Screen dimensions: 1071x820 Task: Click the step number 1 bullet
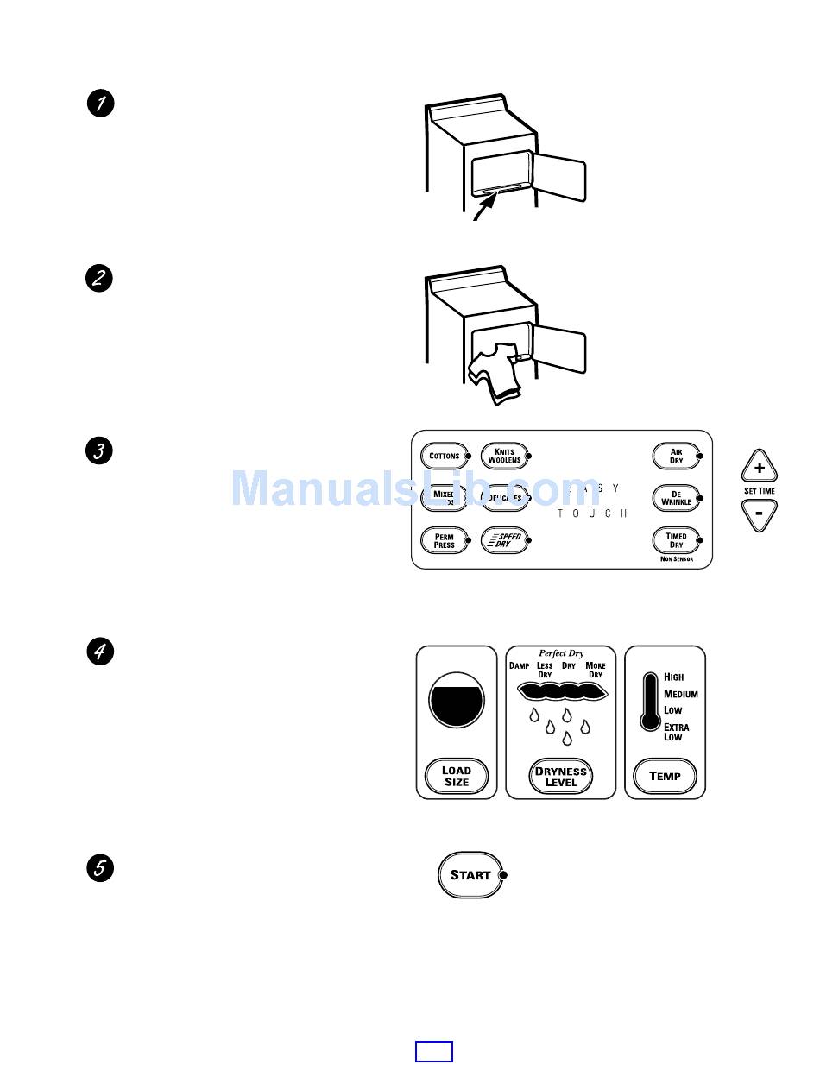point(100,104)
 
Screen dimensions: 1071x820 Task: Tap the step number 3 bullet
point(100,451)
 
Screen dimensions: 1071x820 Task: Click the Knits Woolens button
point(504,456)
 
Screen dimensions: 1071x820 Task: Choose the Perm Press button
point(444,541)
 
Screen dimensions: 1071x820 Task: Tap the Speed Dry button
point(504,541)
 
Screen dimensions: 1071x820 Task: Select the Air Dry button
point(676,456)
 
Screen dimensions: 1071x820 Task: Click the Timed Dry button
point(676,540)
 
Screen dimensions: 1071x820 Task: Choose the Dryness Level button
point(560,776)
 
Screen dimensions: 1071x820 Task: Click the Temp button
point(665,776)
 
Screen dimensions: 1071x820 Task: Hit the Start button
point(470,874)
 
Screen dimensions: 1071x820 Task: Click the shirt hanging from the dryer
point(494,371)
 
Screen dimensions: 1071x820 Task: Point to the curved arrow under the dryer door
point(484,207)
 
